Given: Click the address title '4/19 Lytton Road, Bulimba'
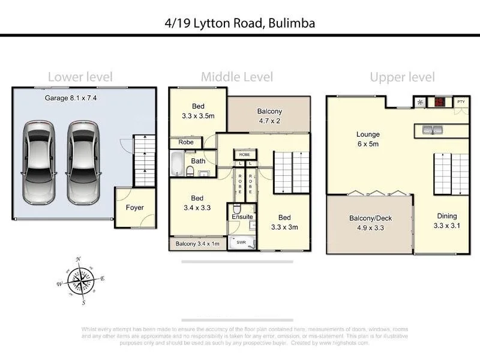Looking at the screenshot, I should (240, 23).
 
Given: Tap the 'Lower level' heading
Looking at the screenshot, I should (80, 77).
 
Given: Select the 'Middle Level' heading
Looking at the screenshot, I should (236, 77).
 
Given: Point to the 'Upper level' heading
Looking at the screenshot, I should (402, 77).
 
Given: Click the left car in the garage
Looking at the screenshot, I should (38, 162).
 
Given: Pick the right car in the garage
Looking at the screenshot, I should (83, 162).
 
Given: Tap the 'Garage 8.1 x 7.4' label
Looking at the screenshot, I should (71, 97).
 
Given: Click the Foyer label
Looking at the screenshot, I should (134, 208).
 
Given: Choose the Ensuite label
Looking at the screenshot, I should (242, 217).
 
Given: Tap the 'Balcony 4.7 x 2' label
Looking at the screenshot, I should (269, 116).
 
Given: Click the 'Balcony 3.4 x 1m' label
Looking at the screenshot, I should (198, 244).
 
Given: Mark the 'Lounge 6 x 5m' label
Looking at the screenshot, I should (368, 139).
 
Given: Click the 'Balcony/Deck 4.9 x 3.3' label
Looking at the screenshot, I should (370, 223).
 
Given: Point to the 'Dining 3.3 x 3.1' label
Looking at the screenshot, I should (446, 221).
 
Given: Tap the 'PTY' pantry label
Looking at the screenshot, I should (460, 102).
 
